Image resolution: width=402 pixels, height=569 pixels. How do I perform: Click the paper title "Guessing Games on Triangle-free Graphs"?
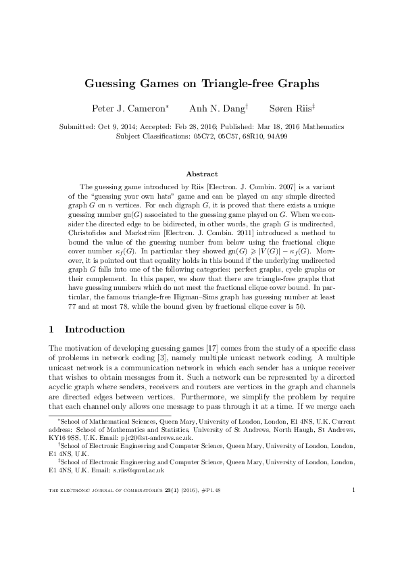201,84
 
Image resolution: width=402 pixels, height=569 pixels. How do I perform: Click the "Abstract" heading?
201,174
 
